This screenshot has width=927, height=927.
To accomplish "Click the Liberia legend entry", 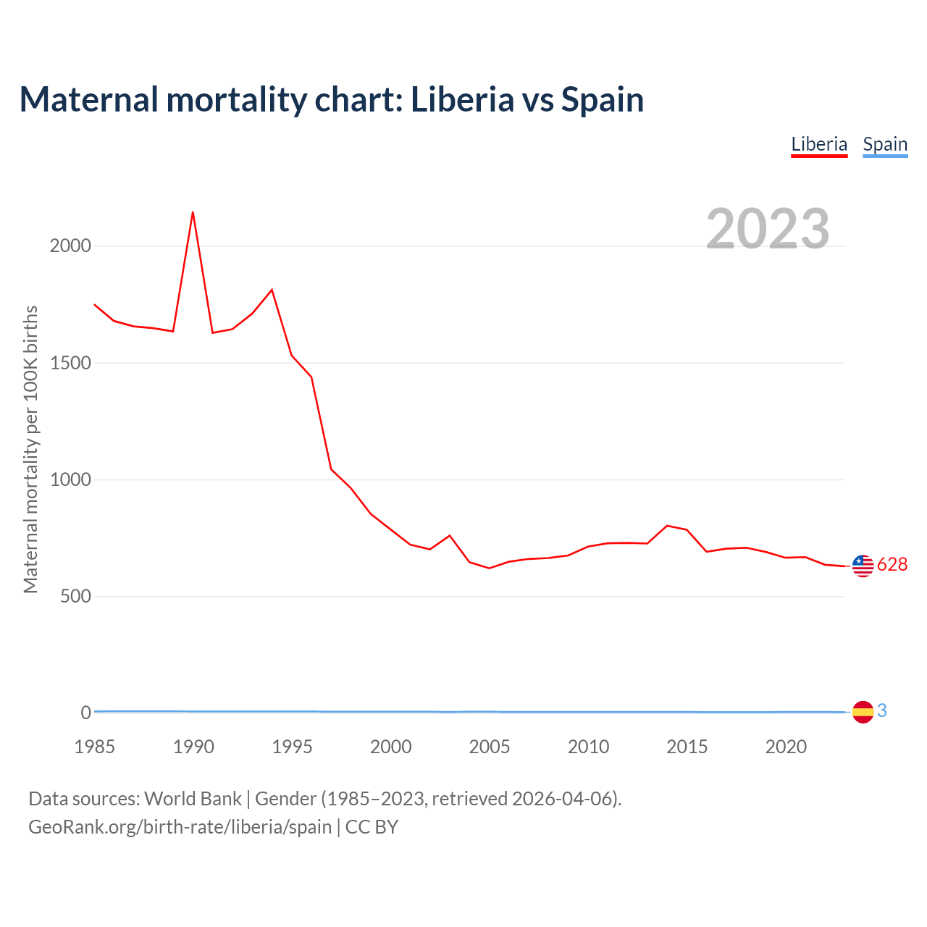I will pyautogui.click(x=819, y=144).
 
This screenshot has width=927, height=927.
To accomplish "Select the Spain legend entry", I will pyautogui.click(x=885, y=144).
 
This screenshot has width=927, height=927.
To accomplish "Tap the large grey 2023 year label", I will pyautogui.click(x=768, y=229).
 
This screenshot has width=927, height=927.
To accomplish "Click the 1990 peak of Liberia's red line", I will pyautogui.click(x=193, y=212).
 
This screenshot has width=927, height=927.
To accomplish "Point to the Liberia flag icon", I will pyautogui.click(x=863, y=566).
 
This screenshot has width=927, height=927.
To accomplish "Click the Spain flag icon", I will pyautogui.click(x=863, y=712).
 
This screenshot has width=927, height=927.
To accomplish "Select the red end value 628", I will pyautogui.click(x=892, y=565).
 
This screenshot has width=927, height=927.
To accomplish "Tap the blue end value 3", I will pyautogui.click(x=882, y=711).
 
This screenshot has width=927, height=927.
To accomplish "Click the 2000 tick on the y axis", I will pyautogui.click(x=70, y=246).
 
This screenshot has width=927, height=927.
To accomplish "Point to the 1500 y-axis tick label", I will pyautogui.click(x=70, y=363).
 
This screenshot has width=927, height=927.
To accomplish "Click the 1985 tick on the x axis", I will pyautogui.click(x=95, y=747).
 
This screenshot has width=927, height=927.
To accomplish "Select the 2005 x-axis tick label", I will pyautogui.click(x=490, y=747).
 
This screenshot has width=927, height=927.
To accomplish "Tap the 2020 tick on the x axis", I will pyautogui.click(x=786, y=747).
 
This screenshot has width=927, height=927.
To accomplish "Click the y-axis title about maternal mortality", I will pyautogui.click(x=30, y=449).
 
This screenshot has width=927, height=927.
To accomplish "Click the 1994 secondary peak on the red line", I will pyautogui.click(x=272, y=290).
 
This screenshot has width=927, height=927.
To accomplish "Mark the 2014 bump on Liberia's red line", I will pyautogui.click(x=667, y=526).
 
